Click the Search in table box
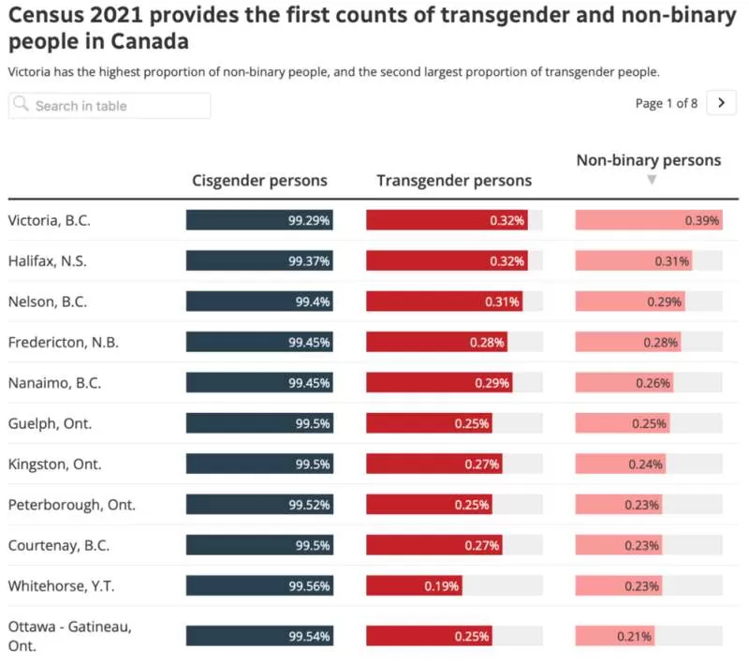click(x=110, y=106)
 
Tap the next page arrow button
click(x=721, y=103)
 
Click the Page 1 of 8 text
click(x=667, y=103)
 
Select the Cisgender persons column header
click(x=259, y=181)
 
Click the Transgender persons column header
click(x=454, y=181)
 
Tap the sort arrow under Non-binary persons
click(x=651, y=180)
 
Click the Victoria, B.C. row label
click(x=50, y=220)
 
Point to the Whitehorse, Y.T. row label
click(x=61, y=585)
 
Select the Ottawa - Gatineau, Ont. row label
click(x=69, y=636)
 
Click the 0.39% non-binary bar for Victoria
click(x=649, y=220)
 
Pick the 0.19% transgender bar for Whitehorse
click(x=414, y=585)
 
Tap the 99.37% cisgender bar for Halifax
click(x=259, y=260)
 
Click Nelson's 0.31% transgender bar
click(x=444, y=302)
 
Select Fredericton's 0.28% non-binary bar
click(x=628, y=342)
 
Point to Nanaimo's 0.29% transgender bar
click(x=439, y=383)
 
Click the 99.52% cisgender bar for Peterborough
click(x=259, y=505)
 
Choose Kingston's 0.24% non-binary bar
click(x=621, y=464)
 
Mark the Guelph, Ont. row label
click(x=50, y=423)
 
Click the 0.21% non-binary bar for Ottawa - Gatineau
click(x=615, y=636)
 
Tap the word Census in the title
click(x=45, y=15)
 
